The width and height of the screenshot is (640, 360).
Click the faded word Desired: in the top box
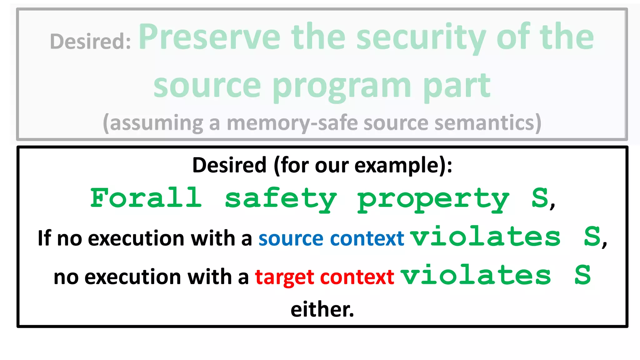pos(90,41)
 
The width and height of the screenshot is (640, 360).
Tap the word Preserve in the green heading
pos(209,37)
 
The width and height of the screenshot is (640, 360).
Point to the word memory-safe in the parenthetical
pos(292,123)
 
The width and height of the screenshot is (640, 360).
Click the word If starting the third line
pos(44,238)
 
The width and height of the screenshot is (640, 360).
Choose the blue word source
pos(291,239)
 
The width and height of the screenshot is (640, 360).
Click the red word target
pos(284,277)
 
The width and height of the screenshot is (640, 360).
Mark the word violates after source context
pos(486,237)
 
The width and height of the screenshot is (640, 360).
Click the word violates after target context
pos(476,275)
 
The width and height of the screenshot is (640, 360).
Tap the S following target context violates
pos(582,275)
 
